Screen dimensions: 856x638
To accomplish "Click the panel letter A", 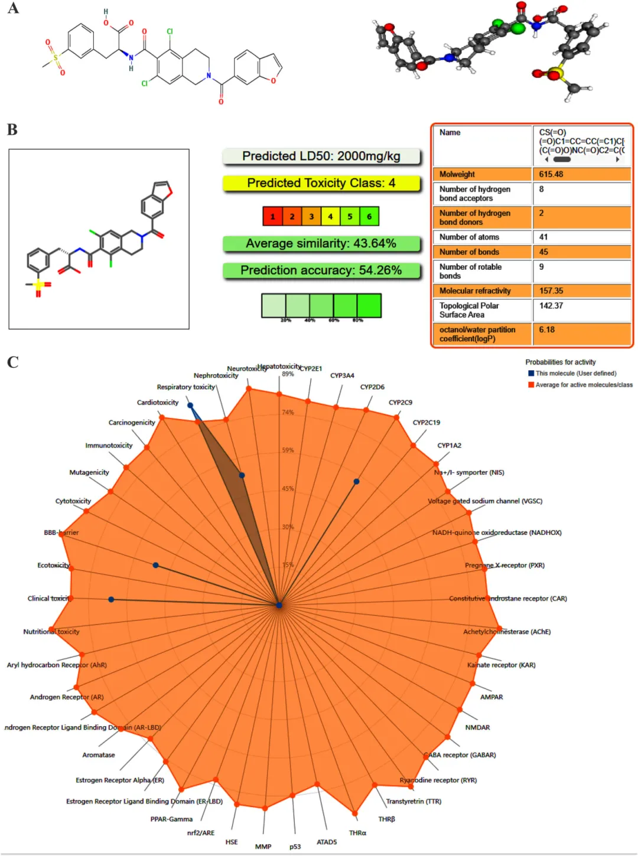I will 13,8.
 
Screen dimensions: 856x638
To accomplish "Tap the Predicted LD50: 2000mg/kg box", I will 321,156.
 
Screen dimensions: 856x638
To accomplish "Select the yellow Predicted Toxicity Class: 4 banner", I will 321,184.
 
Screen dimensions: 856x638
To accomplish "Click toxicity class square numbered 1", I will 272,217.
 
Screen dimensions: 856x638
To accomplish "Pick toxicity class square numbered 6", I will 369,217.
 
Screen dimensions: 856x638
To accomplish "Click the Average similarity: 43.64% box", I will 321,244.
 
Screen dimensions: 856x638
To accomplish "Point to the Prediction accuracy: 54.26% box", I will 321,271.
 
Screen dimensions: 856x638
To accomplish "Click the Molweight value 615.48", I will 551,175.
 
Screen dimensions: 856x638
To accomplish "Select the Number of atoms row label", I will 469,237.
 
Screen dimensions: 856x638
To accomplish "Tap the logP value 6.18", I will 547,330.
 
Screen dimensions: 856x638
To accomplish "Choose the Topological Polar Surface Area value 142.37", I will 551,306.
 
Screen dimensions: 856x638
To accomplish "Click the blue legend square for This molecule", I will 531,374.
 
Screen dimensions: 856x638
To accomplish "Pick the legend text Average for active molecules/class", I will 584,385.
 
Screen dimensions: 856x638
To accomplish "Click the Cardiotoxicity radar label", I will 158,403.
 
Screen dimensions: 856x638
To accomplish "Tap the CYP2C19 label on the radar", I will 426,423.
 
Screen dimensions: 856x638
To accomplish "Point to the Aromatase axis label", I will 99,755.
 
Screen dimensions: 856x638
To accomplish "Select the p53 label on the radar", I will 295,847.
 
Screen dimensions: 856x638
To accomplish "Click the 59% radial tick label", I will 288,450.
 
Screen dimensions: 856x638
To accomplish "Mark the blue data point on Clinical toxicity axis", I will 111,600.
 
